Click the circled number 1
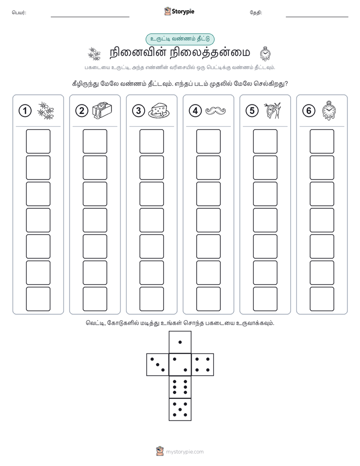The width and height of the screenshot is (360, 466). (x=25, y=111)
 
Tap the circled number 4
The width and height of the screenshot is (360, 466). (x=195, y=111)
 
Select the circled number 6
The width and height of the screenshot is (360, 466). (x=309, y=111)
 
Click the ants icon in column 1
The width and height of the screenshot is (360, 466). (x=46, y=111)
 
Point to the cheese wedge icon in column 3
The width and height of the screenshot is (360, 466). (x=159, y=111)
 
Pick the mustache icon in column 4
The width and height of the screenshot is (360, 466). (x=216, y=110)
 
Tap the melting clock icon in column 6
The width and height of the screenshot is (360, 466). (x=328, y=110)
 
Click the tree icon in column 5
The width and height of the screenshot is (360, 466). (x=273, y=110)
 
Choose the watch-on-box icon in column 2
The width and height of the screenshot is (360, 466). (x=102, y=110)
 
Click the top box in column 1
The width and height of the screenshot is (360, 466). (x=38, y=141)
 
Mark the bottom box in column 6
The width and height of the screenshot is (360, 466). (x=322, y=299)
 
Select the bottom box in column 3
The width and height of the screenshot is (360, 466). (x=152, y=299)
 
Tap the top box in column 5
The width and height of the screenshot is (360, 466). (x=265, y=141)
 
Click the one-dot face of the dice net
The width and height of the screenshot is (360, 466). (x=180, y=342)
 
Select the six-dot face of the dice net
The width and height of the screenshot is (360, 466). (x=180, y=387)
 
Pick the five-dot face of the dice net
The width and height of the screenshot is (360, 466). (x=180, y=410)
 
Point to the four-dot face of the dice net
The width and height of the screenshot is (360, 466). (x=203, y=365)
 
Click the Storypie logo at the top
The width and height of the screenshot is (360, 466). (x=179, y=12)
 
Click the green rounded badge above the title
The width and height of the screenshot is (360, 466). (x=180, y=39)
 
